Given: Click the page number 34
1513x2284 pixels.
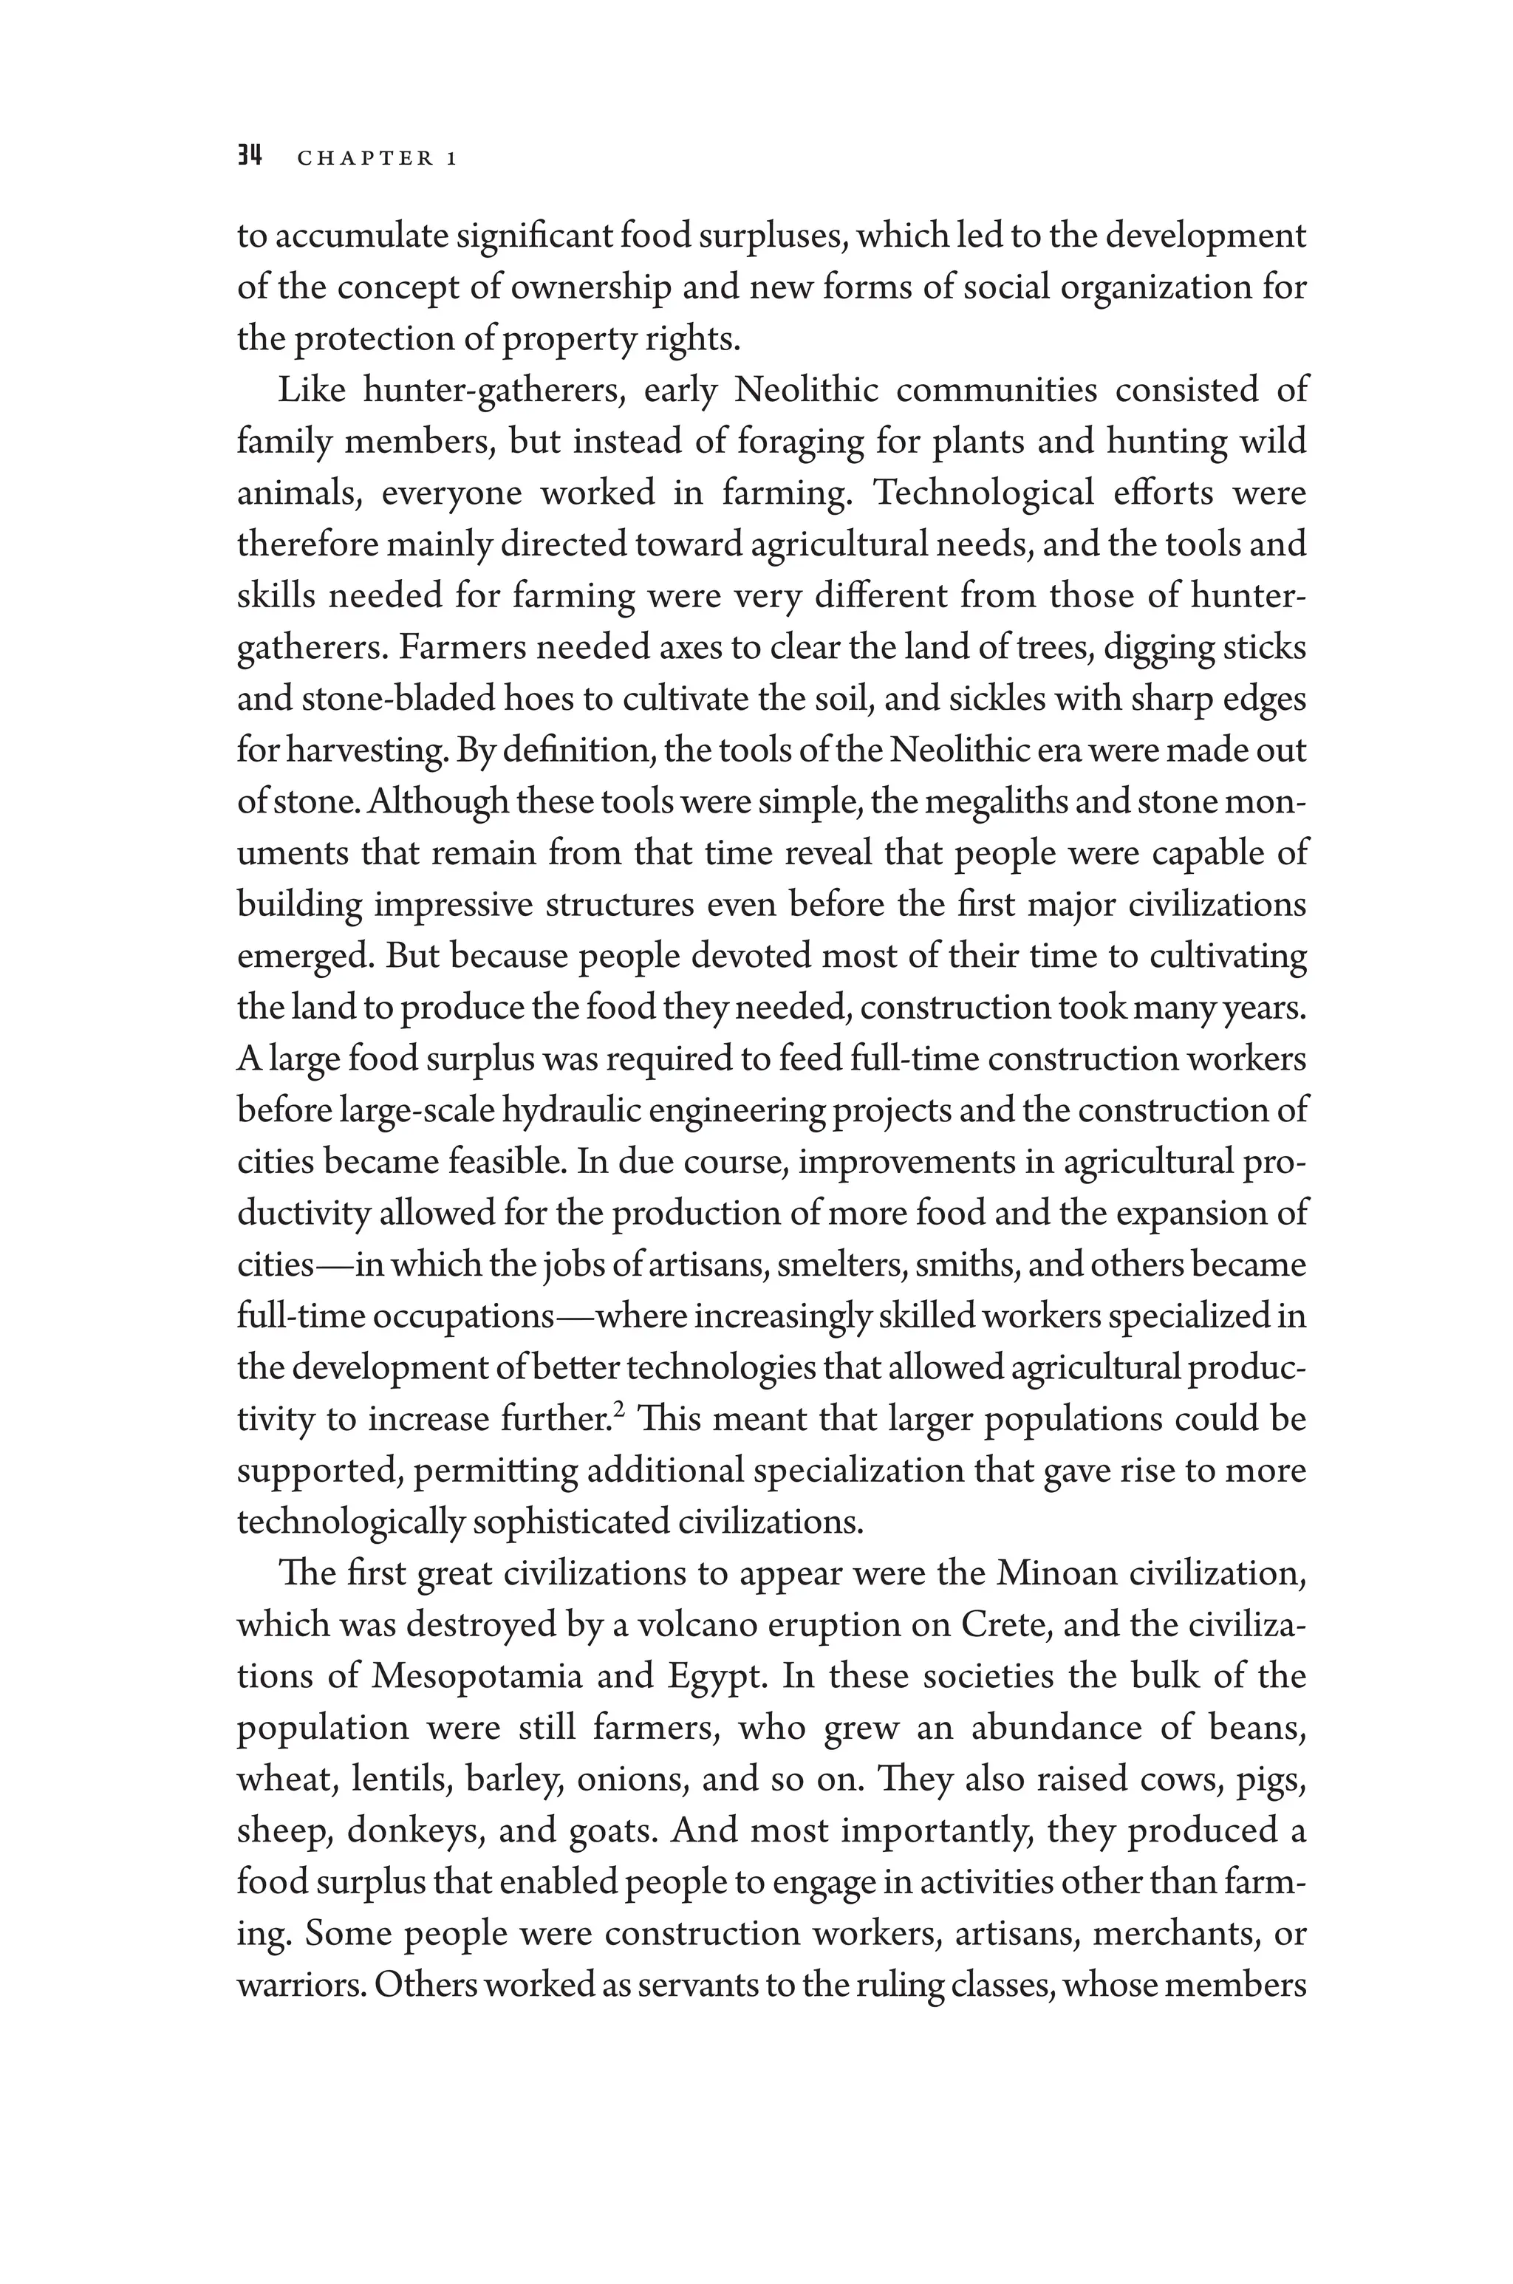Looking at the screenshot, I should (250, 157).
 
